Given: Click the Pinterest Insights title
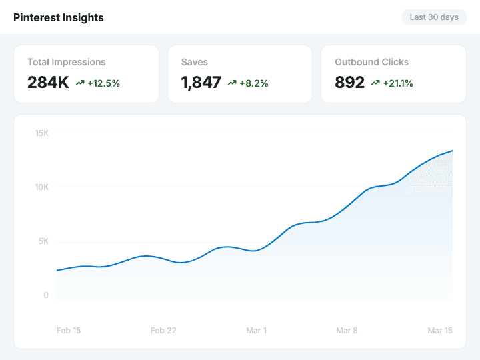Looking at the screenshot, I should (x=59, y=17).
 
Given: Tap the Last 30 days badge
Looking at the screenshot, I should (x=434, y=17).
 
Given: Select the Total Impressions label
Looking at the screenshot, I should (x=67, y=62).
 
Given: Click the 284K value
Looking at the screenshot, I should (x=48, y=83).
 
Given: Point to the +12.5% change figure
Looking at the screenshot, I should (x=103, y=83).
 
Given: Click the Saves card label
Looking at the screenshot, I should (x=195, y=62).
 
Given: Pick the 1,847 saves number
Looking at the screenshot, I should (x=201, y=83).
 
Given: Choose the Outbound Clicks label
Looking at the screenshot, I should (x=372, y=62).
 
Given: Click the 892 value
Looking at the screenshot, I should (x=350, y=83).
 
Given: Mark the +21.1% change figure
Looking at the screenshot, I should (x=398, y=83).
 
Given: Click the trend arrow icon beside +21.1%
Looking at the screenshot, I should (x=375, y=83).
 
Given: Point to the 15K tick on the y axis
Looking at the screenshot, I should (x=42, y=133).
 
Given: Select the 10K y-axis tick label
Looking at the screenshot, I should (x=42, y=187).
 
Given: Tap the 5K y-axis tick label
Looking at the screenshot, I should (x=43, y=241).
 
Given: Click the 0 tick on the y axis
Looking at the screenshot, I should (x=46, y=295).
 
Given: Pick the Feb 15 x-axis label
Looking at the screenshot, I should (x=69, y=331).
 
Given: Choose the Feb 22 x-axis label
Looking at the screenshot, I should (x=163, y=331).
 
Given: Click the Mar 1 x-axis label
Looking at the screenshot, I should (x=256, y=331).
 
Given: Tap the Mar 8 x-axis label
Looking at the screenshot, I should (x=347, y=331).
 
